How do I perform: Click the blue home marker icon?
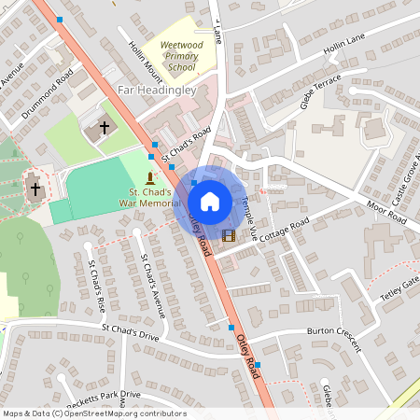click(209, 201)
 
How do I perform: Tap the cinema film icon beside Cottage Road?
click(229, 233)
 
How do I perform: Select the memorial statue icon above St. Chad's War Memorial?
click(152, 176)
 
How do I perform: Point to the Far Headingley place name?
click(156, 91)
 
